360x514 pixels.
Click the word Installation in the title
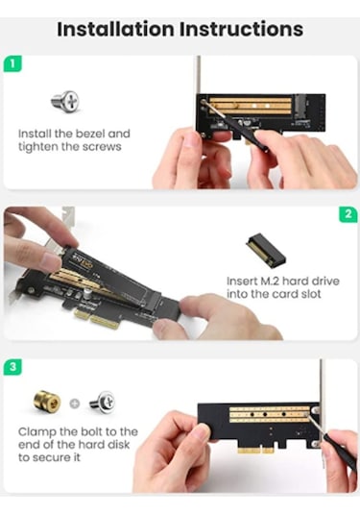(x=114, y=28)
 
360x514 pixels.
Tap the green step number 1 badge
(x=12, y=64)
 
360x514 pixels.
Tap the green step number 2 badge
(x=348, y=214)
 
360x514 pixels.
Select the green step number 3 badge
(x=12, y=368)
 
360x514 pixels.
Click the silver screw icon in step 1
(x=64, y=100)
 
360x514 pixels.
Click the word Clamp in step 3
(x=37, y=431)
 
